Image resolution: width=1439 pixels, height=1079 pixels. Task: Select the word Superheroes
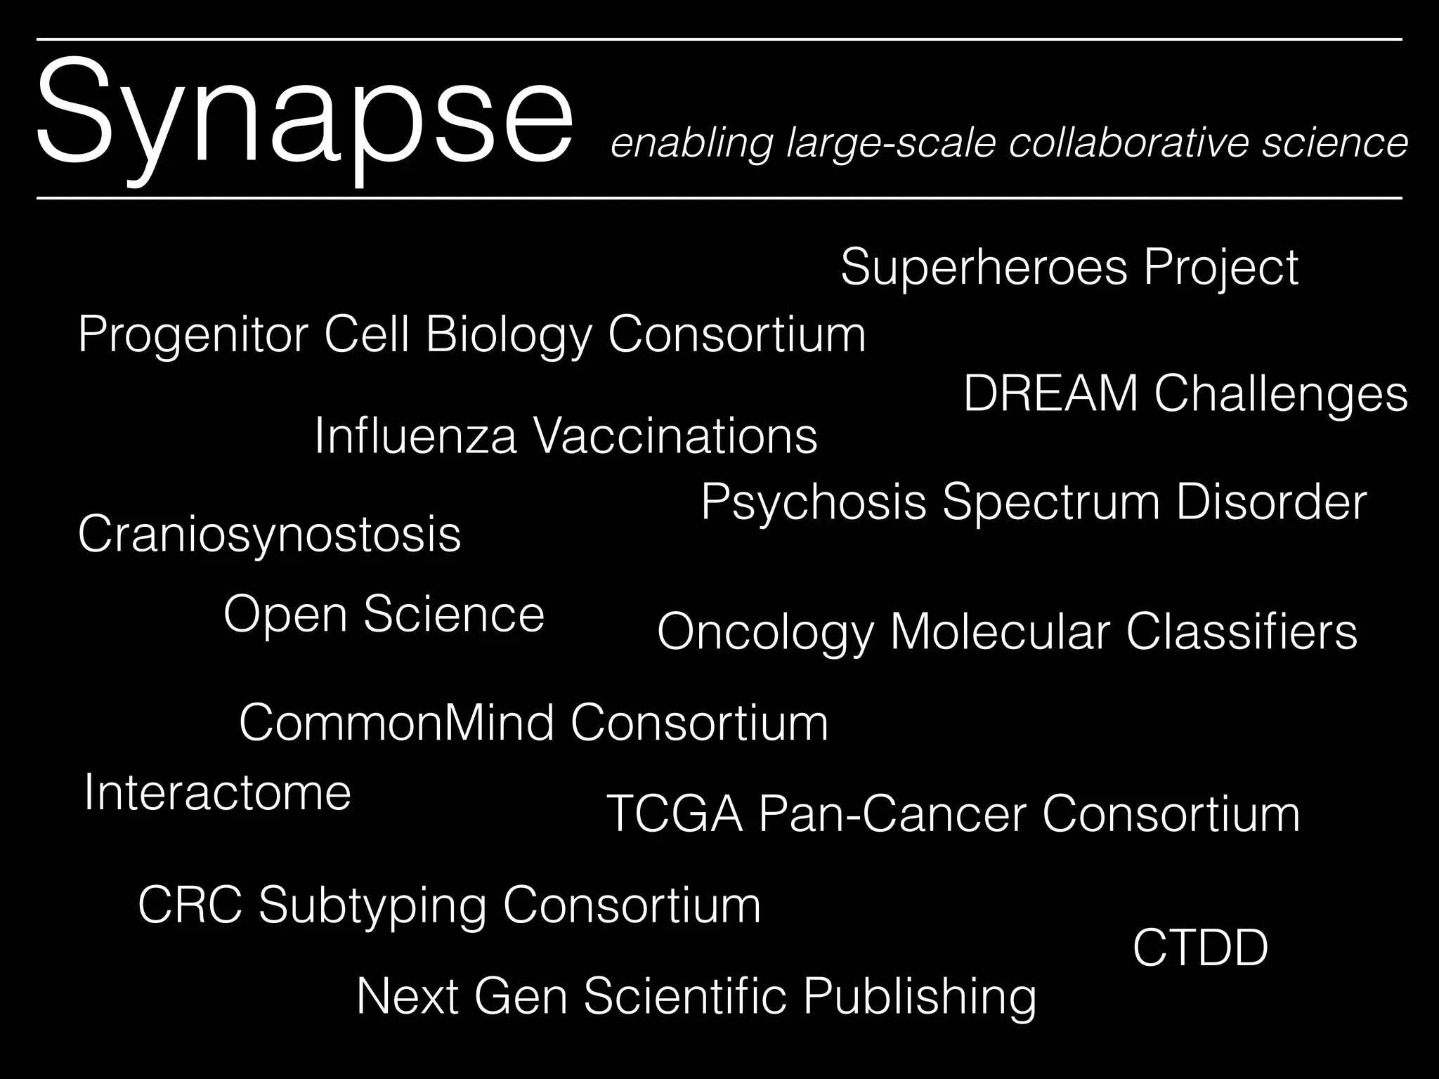pos(984,267)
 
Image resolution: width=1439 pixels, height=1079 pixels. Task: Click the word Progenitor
pos(193,335)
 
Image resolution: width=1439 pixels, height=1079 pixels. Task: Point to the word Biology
pos(509,335)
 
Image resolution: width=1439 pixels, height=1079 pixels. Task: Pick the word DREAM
pos(1050,393)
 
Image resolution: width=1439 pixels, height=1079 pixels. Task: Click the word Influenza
pos(415,436)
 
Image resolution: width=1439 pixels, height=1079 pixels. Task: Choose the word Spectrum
pos(1051,504)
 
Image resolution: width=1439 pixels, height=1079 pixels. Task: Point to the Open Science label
pos(384,614)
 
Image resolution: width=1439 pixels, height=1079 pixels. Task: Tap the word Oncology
pos(766,632)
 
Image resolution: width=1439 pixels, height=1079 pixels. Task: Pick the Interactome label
pos(217,792)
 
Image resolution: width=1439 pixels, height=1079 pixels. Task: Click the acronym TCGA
pos(675,814)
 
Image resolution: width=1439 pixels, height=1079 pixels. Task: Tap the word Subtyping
pos(372,906)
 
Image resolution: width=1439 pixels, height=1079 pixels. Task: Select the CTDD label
pos(1200,948)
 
